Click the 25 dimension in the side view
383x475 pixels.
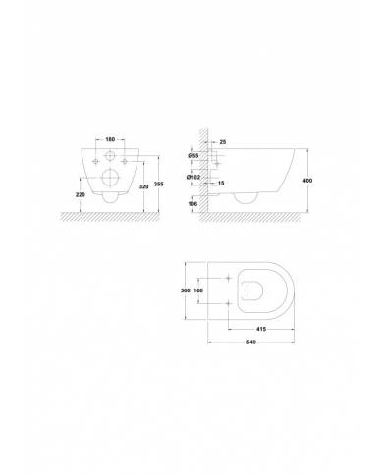pyautogui.click(x=223, y=142)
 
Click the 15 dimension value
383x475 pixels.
pyautogui.click(x=223, y=183)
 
